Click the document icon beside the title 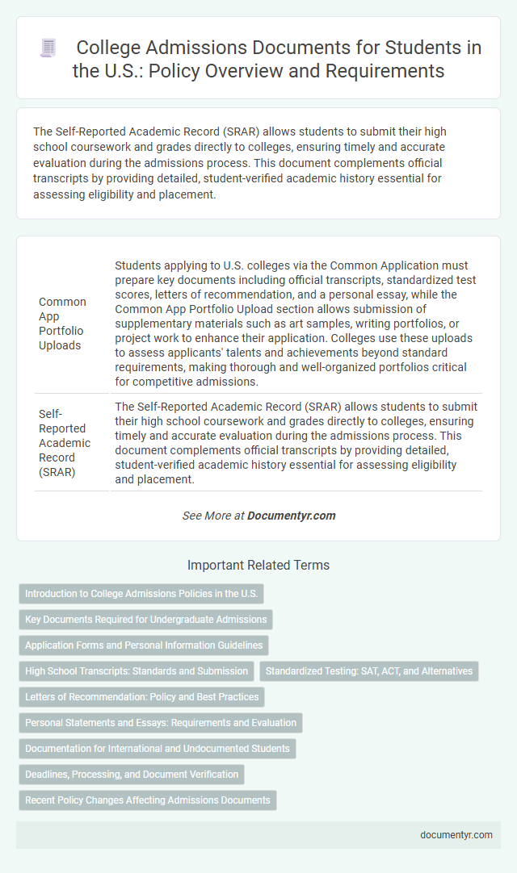tap(48, 48)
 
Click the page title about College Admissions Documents tap(278, 59)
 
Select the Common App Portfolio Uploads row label tap(62, 324)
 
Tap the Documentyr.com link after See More tap(291, 516)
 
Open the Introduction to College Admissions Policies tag tap(141, 594)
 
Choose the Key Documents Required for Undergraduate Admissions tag tap(145, 620)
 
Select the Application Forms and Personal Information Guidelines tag tap(143, 645)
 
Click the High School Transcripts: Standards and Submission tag tap(136, 671)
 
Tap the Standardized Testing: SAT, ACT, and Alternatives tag tap(368, 671)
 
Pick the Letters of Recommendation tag tap(141, 697)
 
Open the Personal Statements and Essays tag tap(160, 723)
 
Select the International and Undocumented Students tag tap(157, 749)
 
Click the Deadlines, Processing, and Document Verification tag tap(131, 775)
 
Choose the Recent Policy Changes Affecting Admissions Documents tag tap(147, 800)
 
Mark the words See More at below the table tap(213, 516)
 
